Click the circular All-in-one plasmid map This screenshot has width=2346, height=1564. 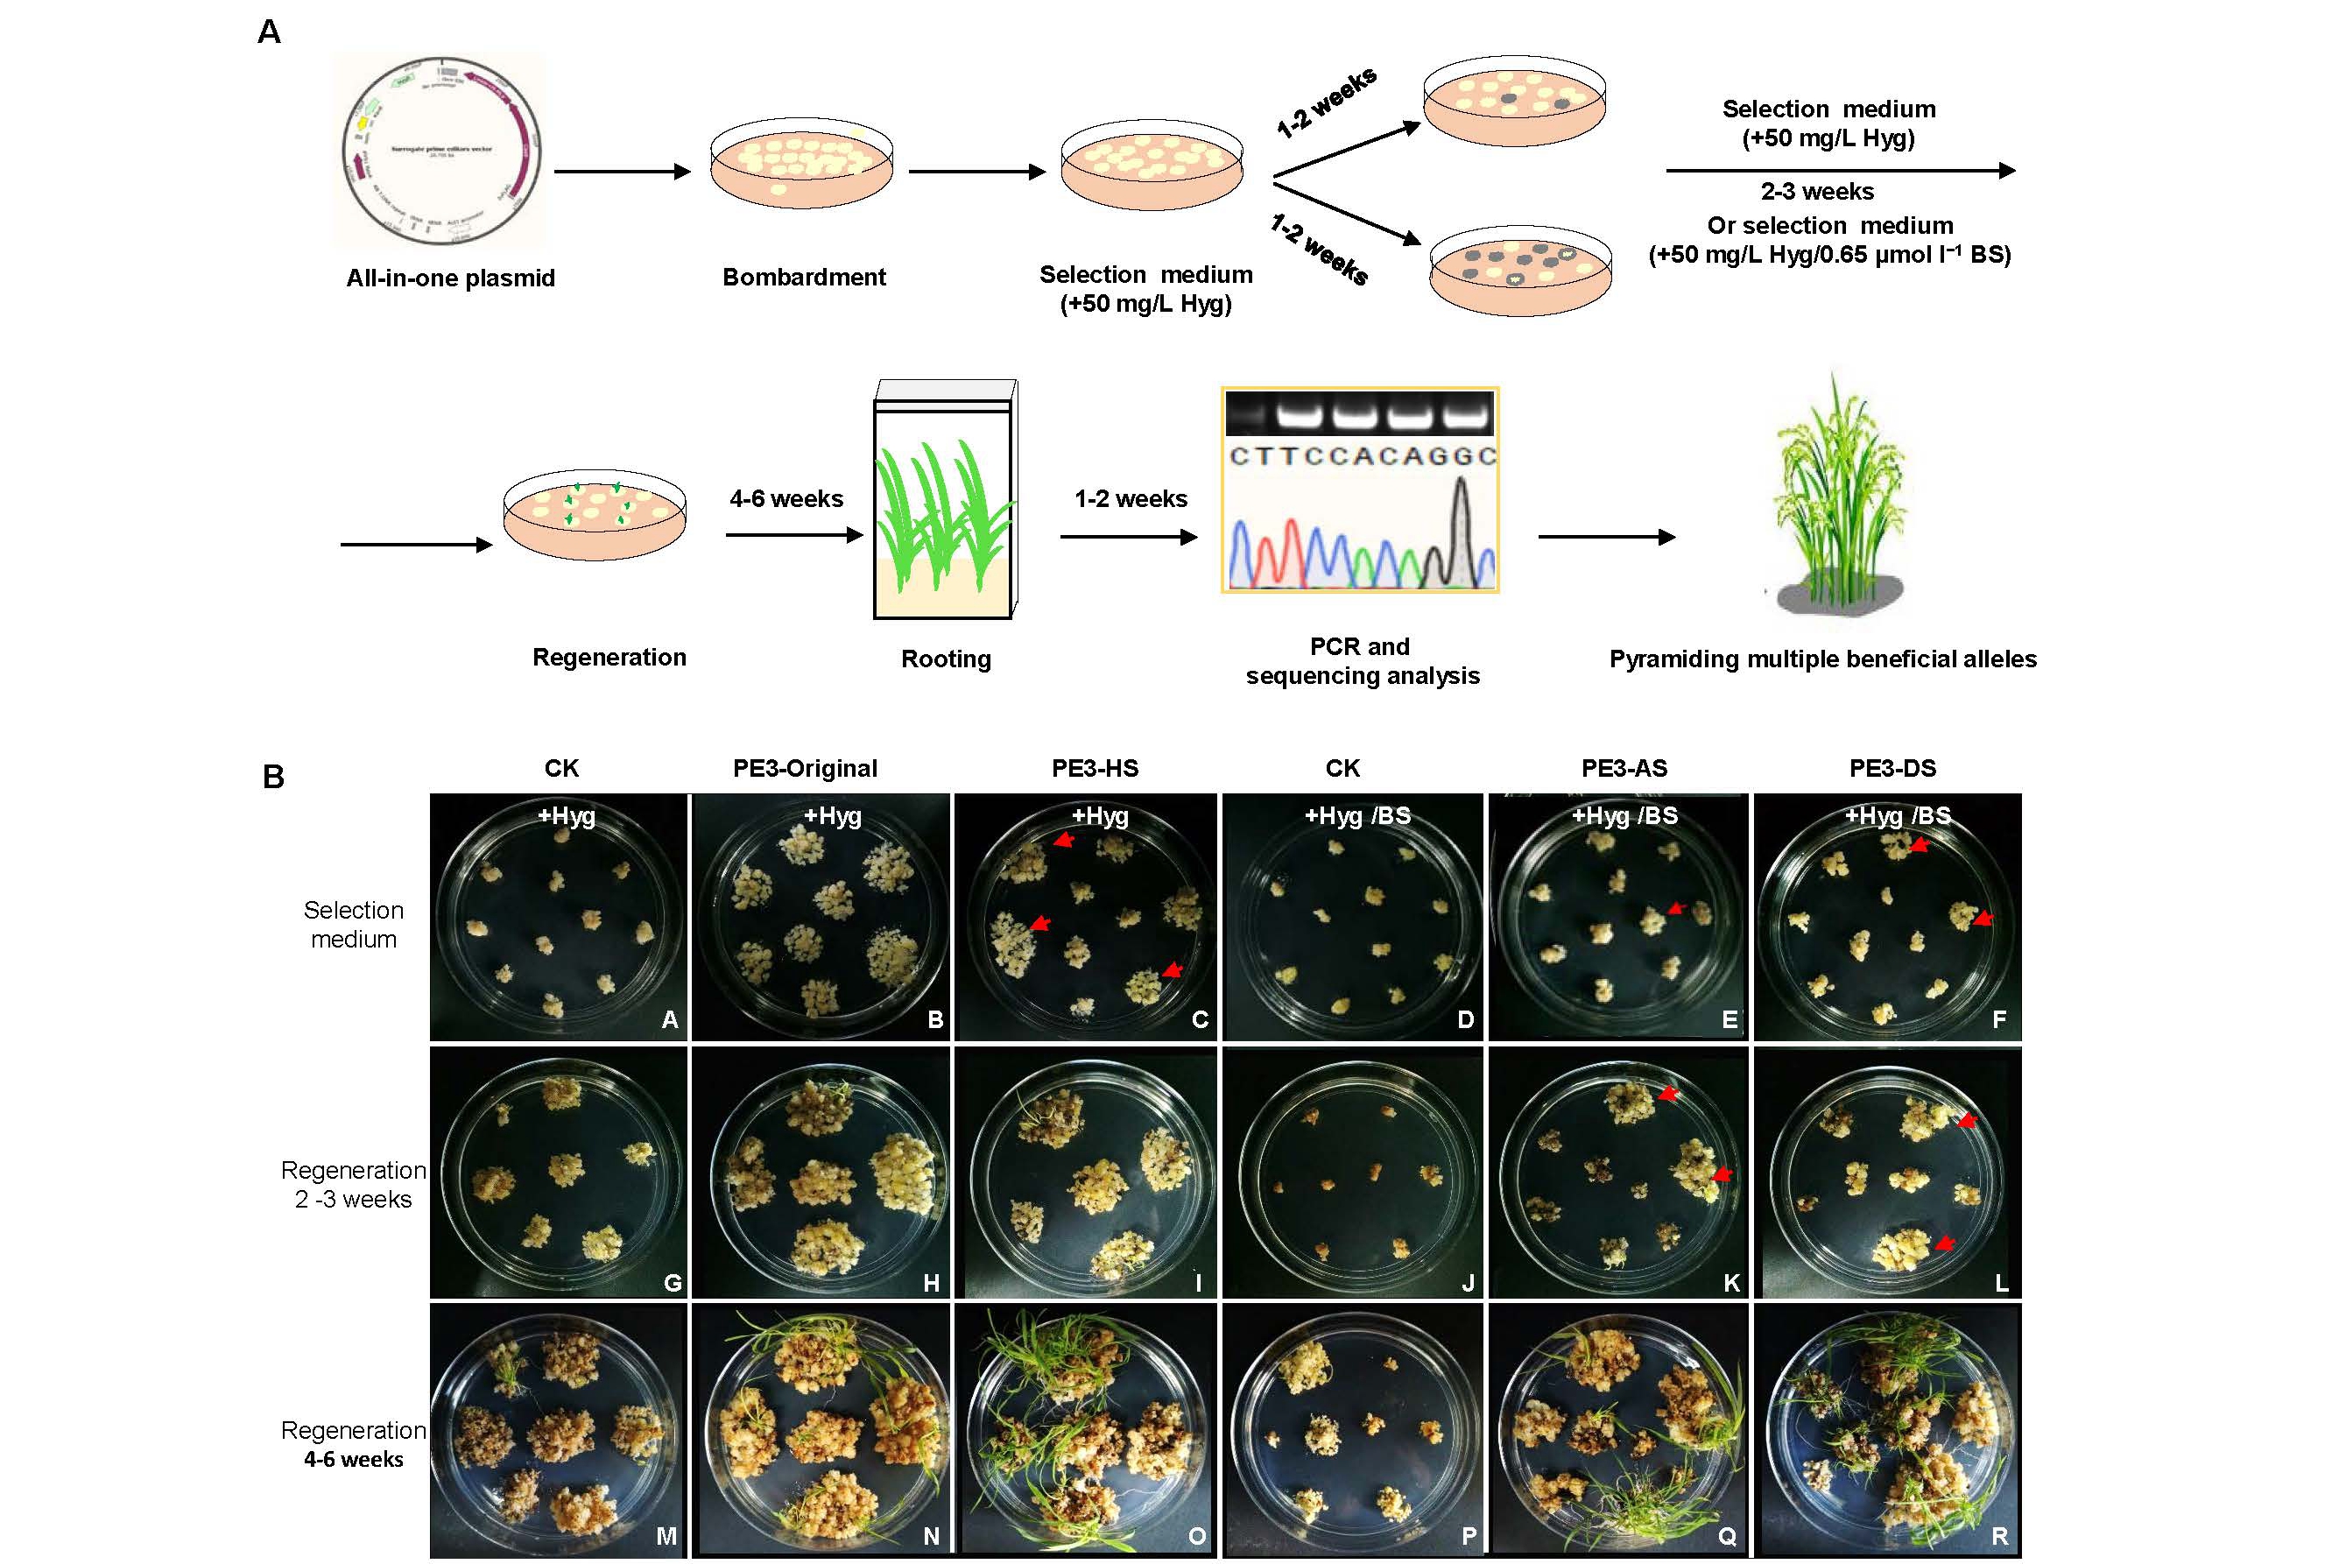click(x=440, y=151)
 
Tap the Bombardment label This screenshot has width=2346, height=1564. click(x=804, y=278)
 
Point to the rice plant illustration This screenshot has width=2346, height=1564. click(x=1837, y=499)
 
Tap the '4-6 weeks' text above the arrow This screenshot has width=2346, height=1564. click(x=786, y=499)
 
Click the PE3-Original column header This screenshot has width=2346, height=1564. click(x=805, y=768)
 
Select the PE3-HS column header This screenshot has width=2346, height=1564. click(x=1095, y=768)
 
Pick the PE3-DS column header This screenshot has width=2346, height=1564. click(x=1892, y=768)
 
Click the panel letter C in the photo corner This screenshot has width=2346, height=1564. click(x=1200, y=1019)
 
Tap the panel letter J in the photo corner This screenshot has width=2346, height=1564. click(x=1468, y=1283)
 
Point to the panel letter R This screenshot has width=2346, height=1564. click(x=1999, y=1536)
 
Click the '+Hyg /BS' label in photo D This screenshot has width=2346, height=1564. click(x=1357, y=816)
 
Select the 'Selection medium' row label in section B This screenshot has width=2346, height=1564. click(x=354, y=925)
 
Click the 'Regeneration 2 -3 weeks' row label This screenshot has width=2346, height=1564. click(x=354, y=1184)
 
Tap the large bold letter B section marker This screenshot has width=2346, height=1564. click(x=273, y=777)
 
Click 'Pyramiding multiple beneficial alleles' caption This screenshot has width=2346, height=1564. click(x=1822, y=659)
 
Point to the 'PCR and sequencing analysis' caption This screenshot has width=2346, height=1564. click(x=1362, y=661)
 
